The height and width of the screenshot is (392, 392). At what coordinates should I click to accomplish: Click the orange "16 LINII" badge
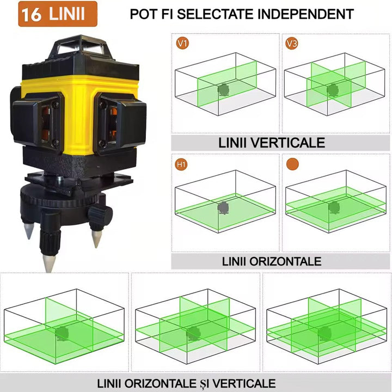click(58, 14)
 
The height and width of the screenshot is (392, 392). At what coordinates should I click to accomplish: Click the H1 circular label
click(181, 163)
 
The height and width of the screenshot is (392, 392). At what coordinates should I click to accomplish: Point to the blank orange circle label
click(292, 163)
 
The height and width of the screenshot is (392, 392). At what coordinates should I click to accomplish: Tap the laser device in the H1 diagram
click(223, 207)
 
